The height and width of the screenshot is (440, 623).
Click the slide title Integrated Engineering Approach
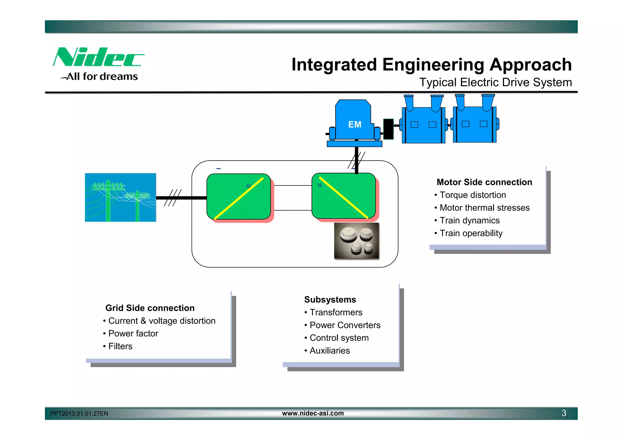click(431, 65)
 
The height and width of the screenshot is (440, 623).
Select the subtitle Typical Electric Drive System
click(495, 82)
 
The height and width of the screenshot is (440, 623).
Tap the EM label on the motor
click(355, 124)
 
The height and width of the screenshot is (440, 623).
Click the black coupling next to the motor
click(388, 129)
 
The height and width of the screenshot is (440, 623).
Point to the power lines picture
click(120, 197)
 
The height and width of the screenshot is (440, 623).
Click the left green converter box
click(238, 197)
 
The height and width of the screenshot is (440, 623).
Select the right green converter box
click(344, 196)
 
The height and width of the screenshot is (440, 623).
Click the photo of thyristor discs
click(357, 241)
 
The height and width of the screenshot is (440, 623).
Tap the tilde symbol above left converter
click(218, 168)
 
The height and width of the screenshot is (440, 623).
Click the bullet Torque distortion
click(472, 195)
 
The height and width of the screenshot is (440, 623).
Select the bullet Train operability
click(471, 233)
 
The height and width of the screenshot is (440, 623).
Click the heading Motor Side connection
click(484, 182)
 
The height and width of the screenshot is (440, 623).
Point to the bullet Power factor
click(133, 334)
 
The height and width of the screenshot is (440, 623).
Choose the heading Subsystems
click(330, 300)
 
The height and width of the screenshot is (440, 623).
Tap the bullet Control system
click(339, 338)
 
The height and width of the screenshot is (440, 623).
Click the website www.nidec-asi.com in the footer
click(313, 413)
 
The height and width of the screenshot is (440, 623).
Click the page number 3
click(564, 413)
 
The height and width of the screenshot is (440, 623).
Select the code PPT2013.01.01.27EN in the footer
click(79, 414)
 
